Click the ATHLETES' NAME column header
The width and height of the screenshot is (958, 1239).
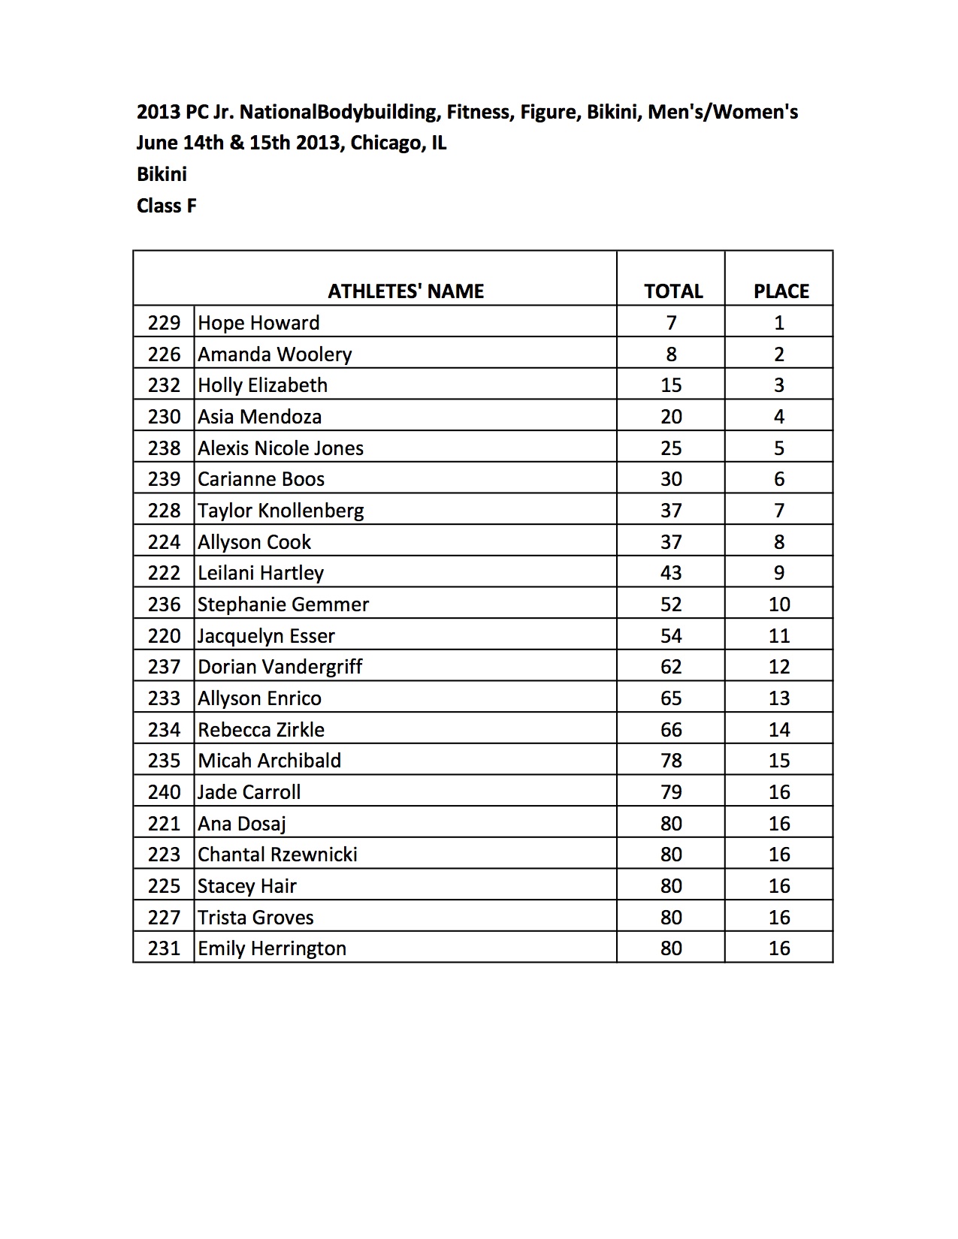(406, 291)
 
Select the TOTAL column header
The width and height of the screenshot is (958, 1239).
(672, 291)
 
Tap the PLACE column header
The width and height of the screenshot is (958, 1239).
(781, 291)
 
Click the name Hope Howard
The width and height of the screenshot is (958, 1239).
(258, 323)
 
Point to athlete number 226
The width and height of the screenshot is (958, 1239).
(164, 354)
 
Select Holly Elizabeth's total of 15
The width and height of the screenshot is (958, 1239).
(671, 385)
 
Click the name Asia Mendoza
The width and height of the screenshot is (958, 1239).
(259, 417)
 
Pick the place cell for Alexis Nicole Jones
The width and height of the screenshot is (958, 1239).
(779, 448)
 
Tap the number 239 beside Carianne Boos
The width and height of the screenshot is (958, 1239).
(164, 479)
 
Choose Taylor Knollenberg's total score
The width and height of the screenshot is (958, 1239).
(671, 511)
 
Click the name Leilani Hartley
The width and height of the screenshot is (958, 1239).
(260, 573)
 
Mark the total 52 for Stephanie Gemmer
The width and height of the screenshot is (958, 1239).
(671, 604)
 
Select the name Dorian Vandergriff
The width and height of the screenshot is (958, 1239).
(280, 667)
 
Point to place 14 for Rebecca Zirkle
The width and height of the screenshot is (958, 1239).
(779, 730)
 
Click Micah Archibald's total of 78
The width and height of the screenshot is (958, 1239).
(671, 761)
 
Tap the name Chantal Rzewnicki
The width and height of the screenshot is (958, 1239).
(277, 855)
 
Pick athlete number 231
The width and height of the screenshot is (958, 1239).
(164, 948)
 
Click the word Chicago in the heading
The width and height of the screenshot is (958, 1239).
(383, 143)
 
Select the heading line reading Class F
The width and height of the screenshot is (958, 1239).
(167, 206)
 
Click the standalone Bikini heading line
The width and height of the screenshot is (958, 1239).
(162, 174)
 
